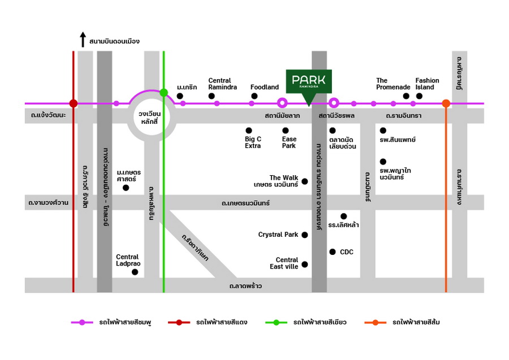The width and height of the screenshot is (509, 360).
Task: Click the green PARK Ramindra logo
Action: pos(309,82)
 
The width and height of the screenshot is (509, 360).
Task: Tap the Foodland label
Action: pos(265,87)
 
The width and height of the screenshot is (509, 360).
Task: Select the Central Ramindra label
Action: pos(219,84)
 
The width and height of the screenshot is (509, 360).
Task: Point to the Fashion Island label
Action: pos(427,84)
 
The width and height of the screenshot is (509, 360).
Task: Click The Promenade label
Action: pos(393,84)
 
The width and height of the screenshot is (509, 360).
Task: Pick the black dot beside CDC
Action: pos(333,251)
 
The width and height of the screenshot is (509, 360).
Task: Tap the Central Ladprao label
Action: pos(128,260)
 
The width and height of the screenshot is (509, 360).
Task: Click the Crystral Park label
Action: pos(278,235)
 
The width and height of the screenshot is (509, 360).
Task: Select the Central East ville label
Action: pos(283,263)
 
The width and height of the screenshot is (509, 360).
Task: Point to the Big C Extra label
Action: pos(253,142)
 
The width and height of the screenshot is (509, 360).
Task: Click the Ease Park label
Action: pos(289,142)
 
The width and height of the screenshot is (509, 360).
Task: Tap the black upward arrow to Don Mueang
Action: pos(83,40)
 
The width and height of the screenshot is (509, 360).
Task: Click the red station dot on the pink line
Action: pos(73,103)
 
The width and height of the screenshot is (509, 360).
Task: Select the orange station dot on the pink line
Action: pos(446,103)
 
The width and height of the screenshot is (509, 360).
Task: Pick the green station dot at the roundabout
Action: pos(163,92)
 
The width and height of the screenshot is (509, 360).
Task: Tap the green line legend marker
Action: pos(276,323)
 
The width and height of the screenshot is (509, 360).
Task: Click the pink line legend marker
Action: pos(82,323)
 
